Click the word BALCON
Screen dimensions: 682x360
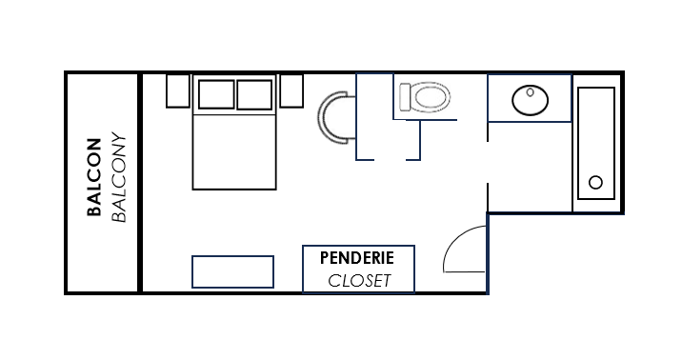[94, 177]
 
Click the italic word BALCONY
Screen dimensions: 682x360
[119, 177]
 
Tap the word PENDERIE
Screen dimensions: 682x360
[357, 258]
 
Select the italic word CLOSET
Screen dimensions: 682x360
[359, 281]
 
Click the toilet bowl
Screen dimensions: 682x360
[431, 97]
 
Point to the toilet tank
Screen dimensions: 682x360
[406, 97]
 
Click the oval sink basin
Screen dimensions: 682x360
[530, 100]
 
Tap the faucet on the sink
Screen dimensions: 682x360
[530, 92]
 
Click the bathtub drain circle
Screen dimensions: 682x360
[595, 182]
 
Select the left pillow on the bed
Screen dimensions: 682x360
[216, 94]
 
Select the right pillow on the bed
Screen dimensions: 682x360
[254, 94]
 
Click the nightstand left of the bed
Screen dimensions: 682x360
[178, 90]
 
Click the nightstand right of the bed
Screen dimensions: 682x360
[291, 90]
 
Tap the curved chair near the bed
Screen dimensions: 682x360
[321, 117]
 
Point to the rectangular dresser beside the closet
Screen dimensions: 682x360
[232, 271]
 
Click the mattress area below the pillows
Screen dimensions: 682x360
[234, 151]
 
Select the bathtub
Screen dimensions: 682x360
[596, 144]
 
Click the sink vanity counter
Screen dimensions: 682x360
[530, 98]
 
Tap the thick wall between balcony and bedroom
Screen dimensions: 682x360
[140, 183]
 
